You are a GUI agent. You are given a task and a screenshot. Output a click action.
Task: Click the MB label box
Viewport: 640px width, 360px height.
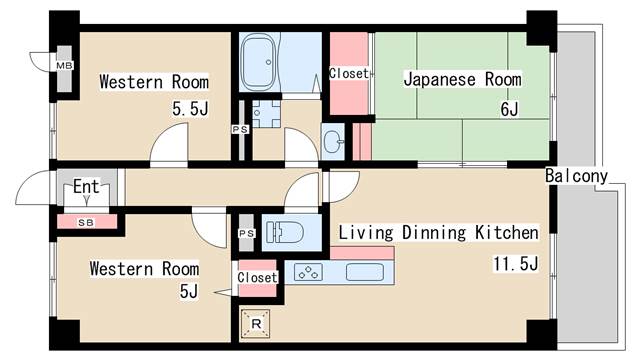(x=64, y=66)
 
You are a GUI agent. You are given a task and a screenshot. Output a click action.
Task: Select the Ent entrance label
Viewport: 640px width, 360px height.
(x=85, y=186)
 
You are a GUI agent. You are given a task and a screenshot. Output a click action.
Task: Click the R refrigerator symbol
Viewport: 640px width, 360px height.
(x=257, y=324)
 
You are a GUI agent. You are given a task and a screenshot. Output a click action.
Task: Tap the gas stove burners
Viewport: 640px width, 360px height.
(x=310, y=271)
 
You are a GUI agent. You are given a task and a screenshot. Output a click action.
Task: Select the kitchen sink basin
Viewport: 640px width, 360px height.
(x=365, y=271)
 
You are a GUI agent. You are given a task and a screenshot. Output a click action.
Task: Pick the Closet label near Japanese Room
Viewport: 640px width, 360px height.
(x=349, y=74)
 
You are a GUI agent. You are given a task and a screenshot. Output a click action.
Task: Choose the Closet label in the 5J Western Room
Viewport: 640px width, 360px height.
(x=257, y=277)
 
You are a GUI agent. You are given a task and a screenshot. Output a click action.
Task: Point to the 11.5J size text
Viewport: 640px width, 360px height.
(x=515, y=264)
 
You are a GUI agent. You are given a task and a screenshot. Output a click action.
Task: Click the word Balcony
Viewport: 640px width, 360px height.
(x=577, y=177)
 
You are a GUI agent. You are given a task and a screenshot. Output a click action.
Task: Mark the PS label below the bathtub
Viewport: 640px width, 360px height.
(x=240, y=129)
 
